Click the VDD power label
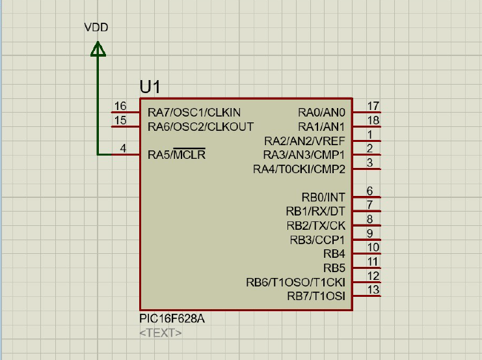pyautogui.click(x=96, y=27)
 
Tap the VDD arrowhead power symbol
pyautogui.click(x=98, y=49)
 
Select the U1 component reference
pyautogui.click(x=150, y=87)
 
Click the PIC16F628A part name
pyautogui.click(x=172, y=318)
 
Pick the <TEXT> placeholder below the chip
pyautogui.click(x=161, y=333)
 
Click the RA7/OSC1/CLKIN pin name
pyautogui.click(x=194, y=113)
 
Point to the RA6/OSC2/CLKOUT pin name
pyautogui.click(x=201, y=126)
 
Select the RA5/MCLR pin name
pyautogui.click(x=176, y=154)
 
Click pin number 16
pyautogui.click(x=120, y=106)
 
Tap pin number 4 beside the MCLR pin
pyautogui.click(x=123, y=148)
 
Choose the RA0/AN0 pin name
pyautogui.click(x=321, y=113)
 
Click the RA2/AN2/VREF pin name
pyautogui.click(x=304, y=141)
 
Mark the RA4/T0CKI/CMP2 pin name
pyautogui.click(x=299, y=169)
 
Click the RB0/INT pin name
pyautogui.click(x=323, y=197)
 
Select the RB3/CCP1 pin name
pyautogui.click(x=317, y=240)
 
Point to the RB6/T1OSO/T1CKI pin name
pyautogui.click(x=296, y=282)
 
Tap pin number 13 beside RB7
pyautogui.click(x=373, y=290)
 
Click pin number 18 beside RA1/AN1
pyautogui.click(x=373, y=120)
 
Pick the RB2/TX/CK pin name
pyautogui.click(x=316, y=225)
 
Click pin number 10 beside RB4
pyautogui.click(x=373, y=247)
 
